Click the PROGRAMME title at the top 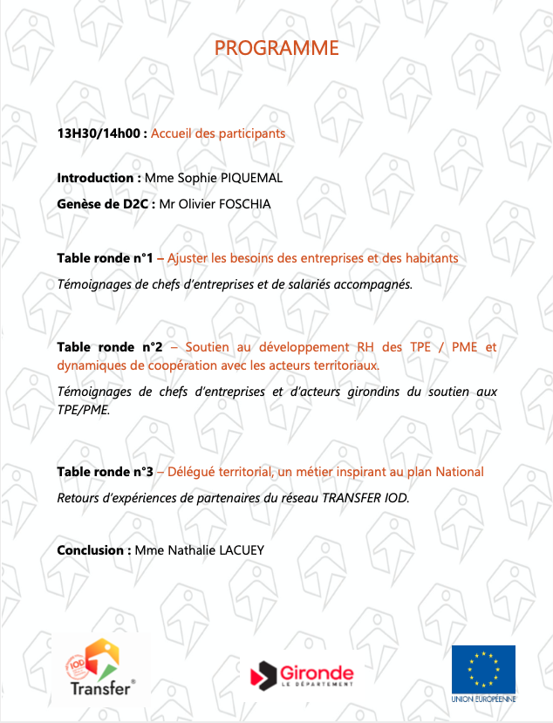coord(276,48)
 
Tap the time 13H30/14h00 coord(100,134)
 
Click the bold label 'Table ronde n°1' coord(105,258)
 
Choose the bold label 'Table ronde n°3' coord(105,472)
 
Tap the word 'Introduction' coord(94,178)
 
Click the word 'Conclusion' coord(93,550)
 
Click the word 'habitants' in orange coord(430,258)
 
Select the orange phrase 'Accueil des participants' coord(218,134)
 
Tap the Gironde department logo coord(302,674)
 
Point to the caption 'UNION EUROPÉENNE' coord(483,699)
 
